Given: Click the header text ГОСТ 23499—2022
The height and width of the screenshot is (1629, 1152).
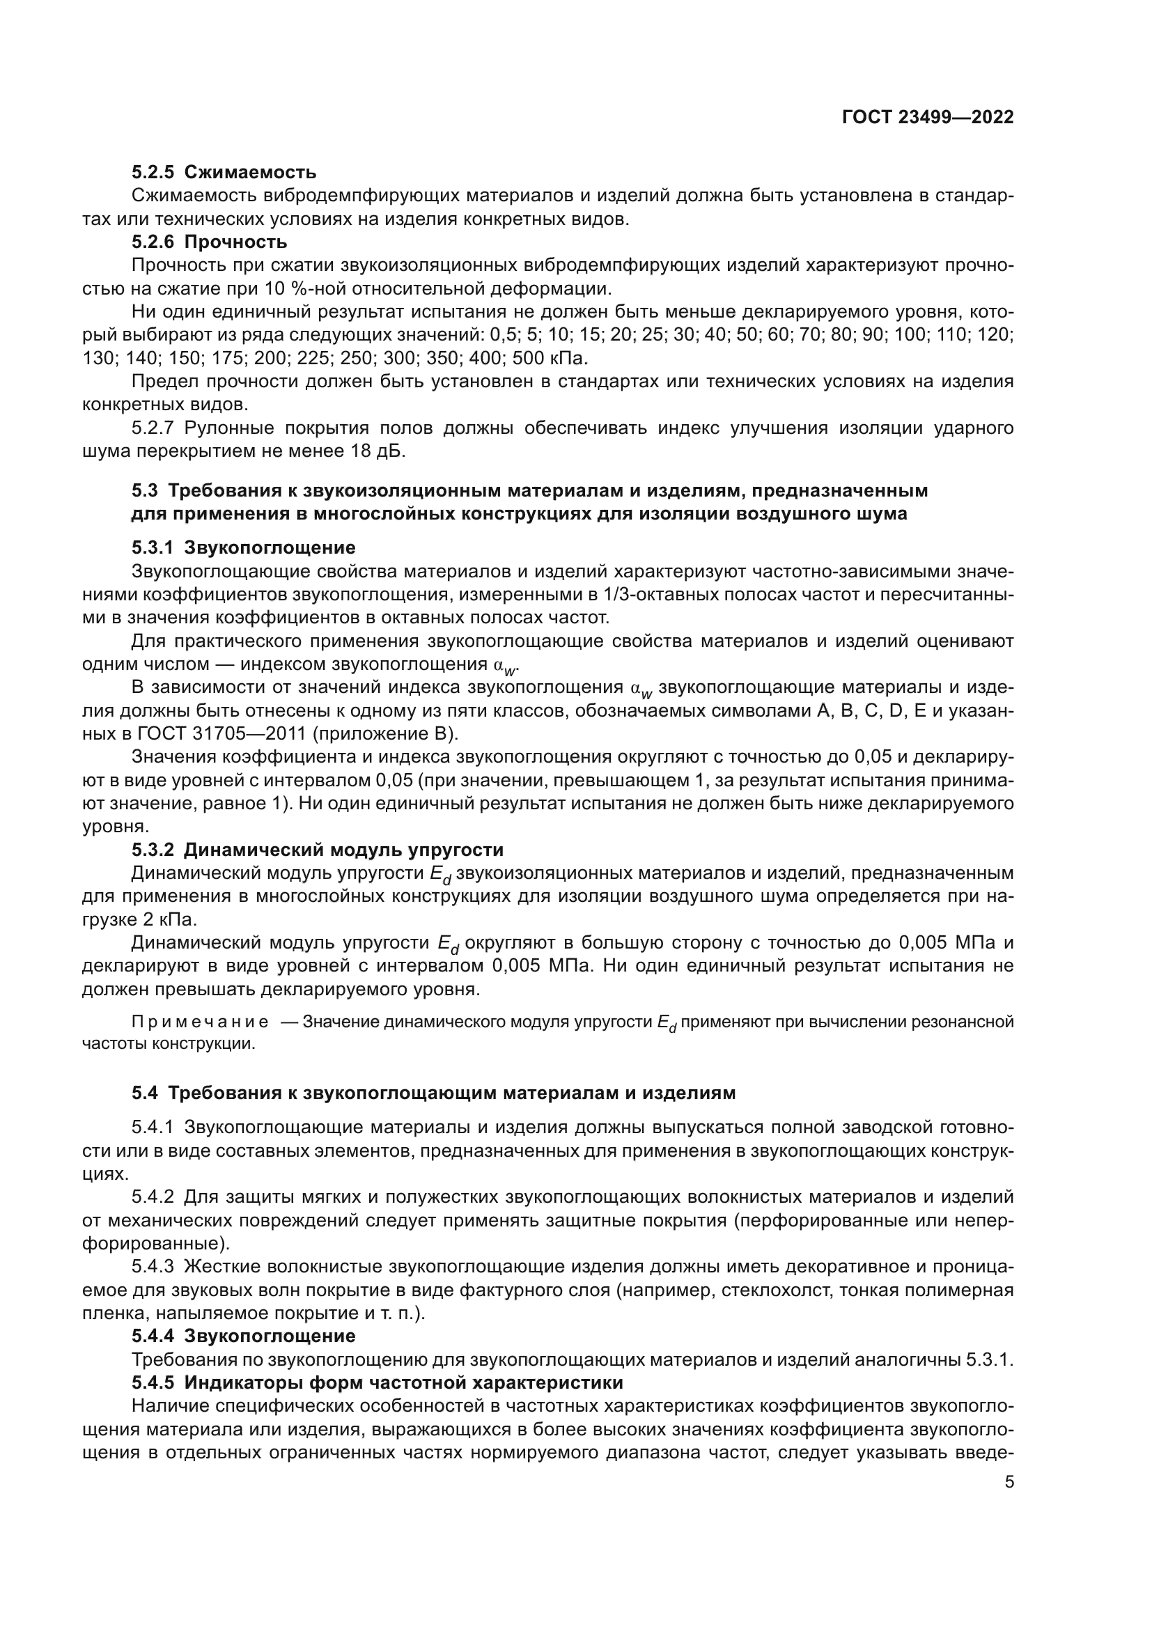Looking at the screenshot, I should tap(927, 117).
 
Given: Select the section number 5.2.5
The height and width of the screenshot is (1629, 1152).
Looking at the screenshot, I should tap(153, 173).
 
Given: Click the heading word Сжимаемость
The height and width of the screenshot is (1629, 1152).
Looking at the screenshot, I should tap(250, 173).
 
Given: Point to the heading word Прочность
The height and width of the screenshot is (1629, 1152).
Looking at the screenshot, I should tap(235, 242).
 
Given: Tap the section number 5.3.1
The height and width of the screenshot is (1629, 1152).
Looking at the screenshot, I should tap(153, 547).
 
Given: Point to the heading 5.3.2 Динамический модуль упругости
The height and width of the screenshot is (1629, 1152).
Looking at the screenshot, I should tap(317, 849).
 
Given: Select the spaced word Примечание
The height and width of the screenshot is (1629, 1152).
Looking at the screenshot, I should tap(200, 1022).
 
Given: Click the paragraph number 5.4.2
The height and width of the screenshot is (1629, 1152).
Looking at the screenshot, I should tap(153, 1197).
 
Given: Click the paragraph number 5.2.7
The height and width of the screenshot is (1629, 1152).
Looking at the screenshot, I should tap(153, 428).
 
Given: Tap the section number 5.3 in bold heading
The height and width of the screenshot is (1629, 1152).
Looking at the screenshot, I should tap(145, 490).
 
